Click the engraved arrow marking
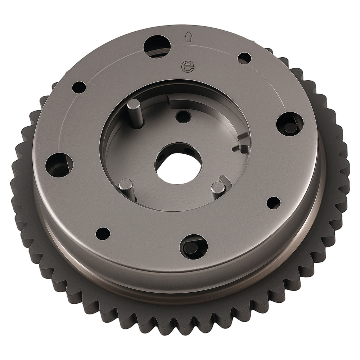pyautogui.click(x=188, y=37)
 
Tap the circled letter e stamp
pyautogui.click(x=187, y=67)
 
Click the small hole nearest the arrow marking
pyautogui.click(x=244, y=59)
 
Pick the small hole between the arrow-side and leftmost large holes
pyautogui.click(x=79, y=87)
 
